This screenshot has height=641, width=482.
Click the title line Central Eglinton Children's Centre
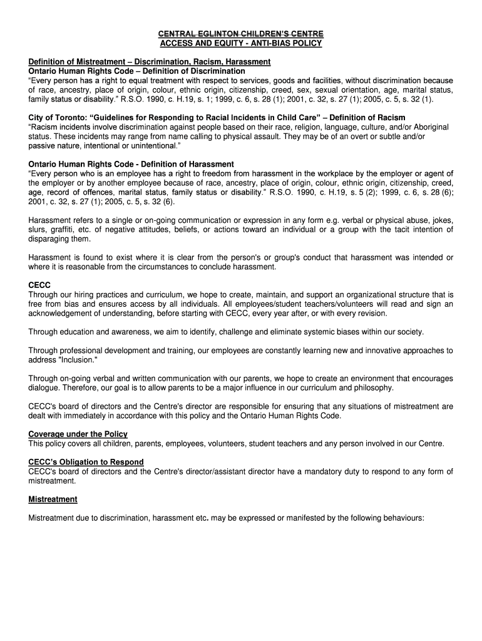point(240,33)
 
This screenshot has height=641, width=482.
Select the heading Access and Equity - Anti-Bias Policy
point(240,43)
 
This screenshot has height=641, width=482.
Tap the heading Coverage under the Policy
point(78,434)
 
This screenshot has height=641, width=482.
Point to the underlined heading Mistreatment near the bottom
point(53,499)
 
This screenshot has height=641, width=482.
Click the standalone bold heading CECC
point(39,285)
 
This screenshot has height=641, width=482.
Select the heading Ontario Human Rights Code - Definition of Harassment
point(131,164)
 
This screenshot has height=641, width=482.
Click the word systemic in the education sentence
point(320,331)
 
